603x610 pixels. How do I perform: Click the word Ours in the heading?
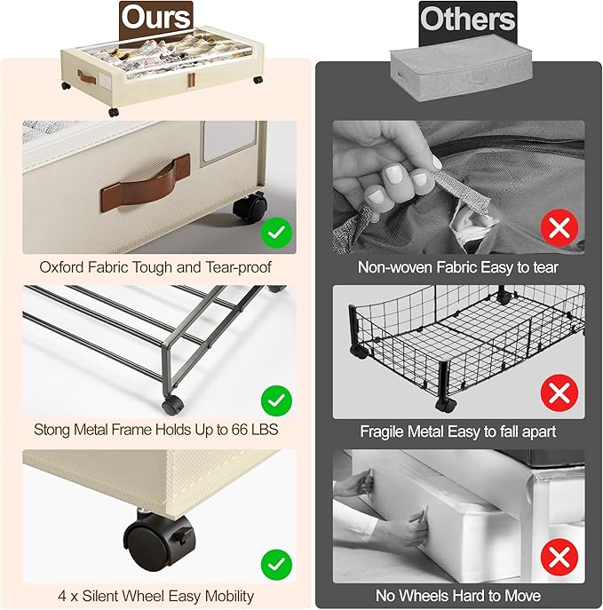click(155, 18)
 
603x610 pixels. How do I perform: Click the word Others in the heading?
click(468, 19)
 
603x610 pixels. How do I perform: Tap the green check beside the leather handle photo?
click(276, 233)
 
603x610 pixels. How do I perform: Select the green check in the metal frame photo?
click(276, 400)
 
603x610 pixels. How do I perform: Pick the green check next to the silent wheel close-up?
click(276, 565)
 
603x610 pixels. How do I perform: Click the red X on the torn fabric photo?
click(559, 227)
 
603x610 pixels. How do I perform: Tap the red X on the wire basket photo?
click(559, 393)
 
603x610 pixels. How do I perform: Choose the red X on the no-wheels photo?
click(559, 557)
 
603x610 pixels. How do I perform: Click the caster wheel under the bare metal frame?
click(172, 405)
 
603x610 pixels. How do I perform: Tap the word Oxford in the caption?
click(61, 267)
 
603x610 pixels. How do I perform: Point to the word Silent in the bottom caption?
click(102, 596)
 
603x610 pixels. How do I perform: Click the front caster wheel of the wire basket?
click(446, 405)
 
